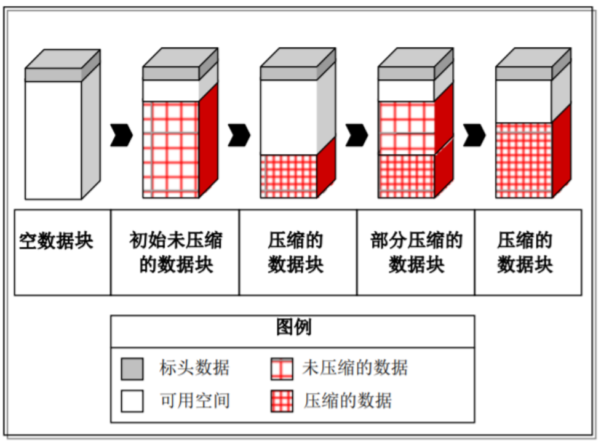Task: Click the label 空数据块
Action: (x=57, y=241)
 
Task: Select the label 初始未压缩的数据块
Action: (x=176, y=252)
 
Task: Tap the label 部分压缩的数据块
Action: (x=416, y=252)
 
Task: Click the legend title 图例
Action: (x=293, y=327)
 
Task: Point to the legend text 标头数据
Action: (x=194, y=368)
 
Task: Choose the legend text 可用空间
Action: (x=194, y=401)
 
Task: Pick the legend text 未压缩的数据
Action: (x=355, y=368)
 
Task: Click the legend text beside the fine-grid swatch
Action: (x=348, y=401)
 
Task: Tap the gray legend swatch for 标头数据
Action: (x=132, y=369)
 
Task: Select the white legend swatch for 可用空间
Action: (x=132, y=401)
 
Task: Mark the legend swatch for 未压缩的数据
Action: (x=281, y=369)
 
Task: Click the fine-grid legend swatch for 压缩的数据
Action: (x=281, y=401)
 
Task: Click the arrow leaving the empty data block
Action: (x=122, y=135)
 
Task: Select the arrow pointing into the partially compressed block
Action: (x=357, y=135)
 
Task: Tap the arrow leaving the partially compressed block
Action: (x=474, y=135)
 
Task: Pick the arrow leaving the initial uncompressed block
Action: (x=239, y=135)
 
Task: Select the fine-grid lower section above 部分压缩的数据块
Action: (x=407, y=176)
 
